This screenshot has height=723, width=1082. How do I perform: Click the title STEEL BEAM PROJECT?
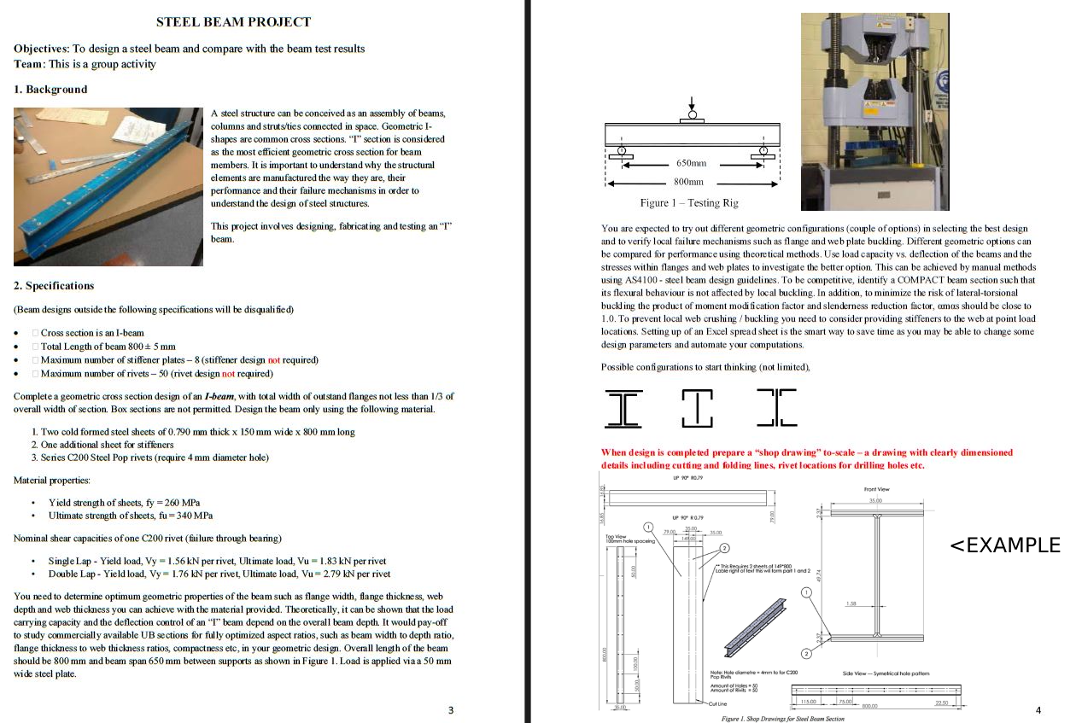(x=233, y=22)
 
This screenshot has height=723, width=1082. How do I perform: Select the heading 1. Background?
(x=50, y=90)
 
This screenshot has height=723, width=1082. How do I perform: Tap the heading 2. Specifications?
(x=54, y=286)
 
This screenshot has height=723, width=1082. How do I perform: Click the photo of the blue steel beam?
(x=108, y=186)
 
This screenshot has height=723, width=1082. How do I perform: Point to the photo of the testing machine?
(x=874, y=111)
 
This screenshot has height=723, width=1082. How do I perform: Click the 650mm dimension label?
(x=691, y=163)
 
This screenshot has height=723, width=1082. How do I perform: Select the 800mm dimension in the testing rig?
(x=689, y=182)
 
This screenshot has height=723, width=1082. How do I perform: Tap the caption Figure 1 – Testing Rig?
(x=688, y=203)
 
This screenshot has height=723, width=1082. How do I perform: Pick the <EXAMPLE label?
(x=1005, y=545)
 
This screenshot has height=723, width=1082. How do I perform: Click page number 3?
(x=451, y=710)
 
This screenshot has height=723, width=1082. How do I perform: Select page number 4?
(x=1038, y=710)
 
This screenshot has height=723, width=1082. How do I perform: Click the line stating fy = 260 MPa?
(x=124, y=503)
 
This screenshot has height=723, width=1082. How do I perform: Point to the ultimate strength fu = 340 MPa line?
(x=130, y=516)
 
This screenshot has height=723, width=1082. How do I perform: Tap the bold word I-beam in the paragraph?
(x=219, y=396)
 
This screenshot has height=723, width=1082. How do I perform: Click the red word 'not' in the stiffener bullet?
(x=273, y=360)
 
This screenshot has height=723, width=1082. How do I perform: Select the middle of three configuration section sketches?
(x=697, y=407)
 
